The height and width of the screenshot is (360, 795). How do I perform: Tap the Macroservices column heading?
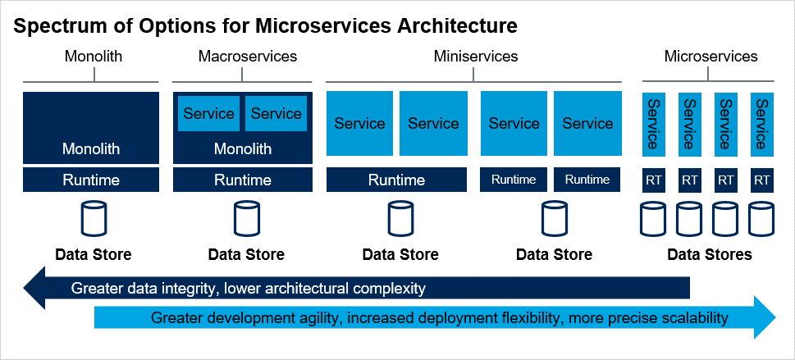point(248,56)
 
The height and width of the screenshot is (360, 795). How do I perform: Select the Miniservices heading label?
point(476,56)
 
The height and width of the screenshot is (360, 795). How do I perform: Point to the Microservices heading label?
point(710,56)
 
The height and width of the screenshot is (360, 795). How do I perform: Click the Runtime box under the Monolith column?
point(91,180)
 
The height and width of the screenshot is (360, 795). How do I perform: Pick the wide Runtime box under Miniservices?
point(396,180)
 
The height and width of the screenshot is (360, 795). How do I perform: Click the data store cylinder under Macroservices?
point(246,218)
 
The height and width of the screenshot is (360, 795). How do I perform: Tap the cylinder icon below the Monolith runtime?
point(94,218)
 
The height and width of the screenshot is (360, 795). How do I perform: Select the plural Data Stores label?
point(710,254)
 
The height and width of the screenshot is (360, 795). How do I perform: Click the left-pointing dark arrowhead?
point(34,288)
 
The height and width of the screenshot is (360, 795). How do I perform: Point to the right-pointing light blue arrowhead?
point(765,317)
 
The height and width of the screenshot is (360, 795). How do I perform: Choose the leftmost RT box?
point(654,180)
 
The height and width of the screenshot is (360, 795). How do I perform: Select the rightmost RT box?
point(761,180)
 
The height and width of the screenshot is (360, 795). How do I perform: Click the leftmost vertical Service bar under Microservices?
point(654,124)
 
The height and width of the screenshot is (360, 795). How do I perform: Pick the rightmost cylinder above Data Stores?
point(761,219)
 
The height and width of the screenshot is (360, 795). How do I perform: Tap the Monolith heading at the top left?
point(94,56)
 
